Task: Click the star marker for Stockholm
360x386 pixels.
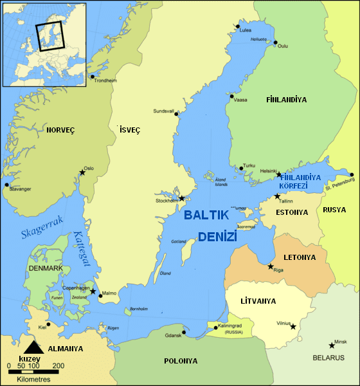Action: [182, 198]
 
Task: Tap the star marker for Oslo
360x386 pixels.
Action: [82, 172]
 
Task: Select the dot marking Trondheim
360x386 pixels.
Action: [93, 77]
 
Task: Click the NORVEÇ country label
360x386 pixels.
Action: [60, 130]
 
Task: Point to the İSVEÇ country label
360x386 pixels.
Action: [130, 130]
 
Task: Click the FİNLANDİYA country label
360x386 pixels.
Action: [286, 100]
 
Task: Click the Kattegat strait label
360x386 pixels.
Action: [84, 250]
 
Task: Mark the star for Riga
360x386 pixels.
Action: [271, 266]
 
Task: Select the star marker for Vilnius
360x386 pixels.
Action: [293, 327]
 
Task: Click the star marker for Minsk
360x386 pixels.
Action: [332, 345]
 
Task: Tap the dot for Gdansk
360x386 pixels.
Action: [184, 333]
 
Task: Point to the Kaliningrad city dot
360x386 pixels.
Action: [216, 328]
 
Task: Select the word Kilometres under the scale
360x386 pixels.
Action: [33, 380]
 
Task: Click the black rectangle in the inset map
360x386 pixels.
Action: [50, 37]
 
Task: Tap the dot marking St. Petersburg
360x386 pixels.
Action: [352, 174]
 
